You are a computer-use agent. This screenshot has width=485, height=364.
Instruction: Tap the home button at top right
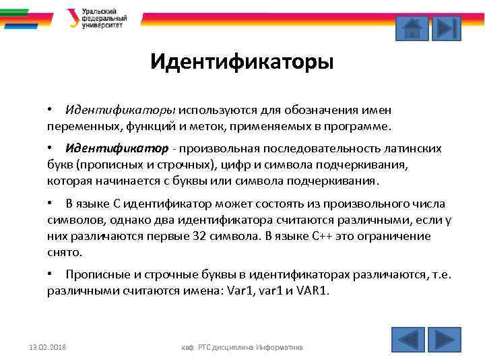pos(412,28)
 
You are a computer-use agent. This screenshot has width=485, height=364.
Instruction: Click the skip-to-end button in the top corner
pos(446,28)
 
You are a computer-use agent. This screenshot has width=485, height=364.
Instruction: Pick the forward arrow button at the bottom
pos(445,338)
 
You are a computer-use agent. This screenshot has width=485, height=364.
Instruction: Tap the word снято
pos(63,252)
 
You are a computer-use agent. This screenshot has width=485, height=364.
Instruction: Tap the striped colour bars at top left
pos(23,18)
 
